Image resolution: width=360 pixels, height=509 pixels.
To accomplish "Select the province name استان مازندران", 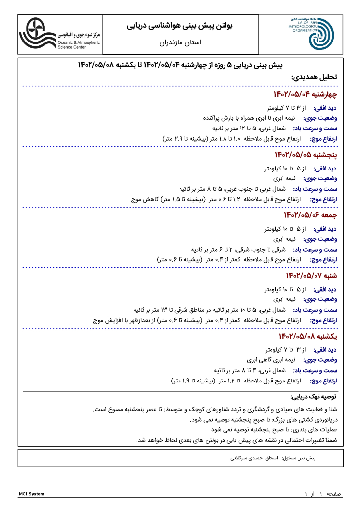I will coord(180,43).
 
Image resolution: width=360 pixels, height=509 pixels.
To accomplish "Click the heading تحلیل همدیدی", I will coord(314,78).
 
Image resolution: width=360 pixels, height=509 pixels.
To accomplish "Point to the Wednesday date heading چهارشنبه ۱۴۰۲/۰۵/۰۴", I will coord(305,94).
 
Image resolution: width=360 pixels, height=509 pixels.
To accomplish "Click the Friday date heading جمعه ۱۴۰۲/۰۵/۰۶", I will coord(311,215).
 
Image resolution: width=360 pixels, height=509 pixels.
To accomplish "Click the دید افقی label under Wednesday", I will coord(326,107).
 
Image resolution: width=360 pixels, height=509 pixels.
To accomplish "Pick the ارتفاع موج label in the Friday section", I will coord(323,259).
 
